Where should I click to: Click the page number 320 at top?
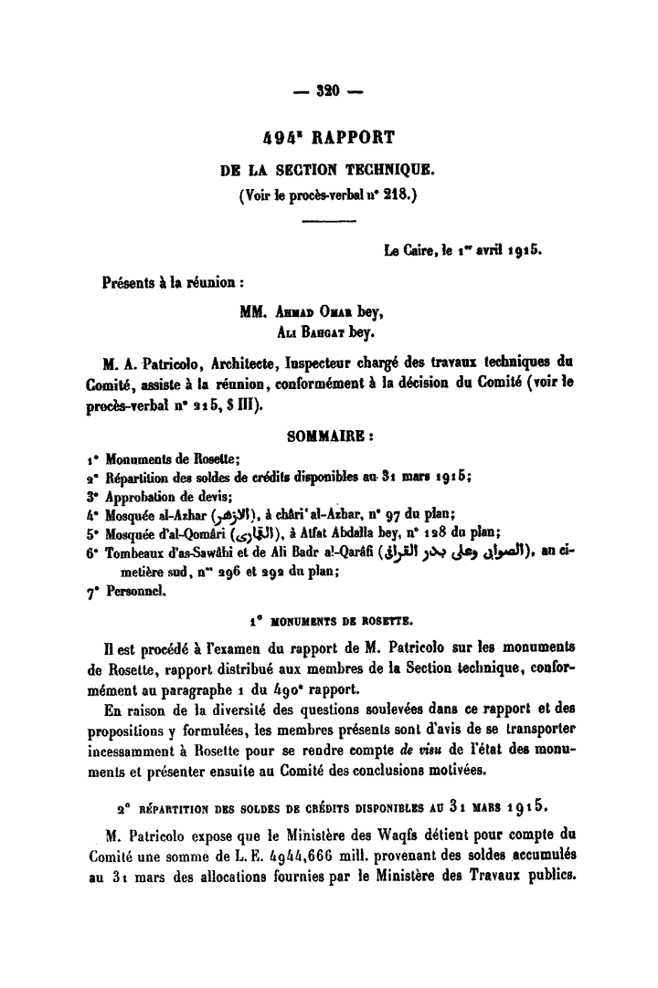point(328,91)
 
